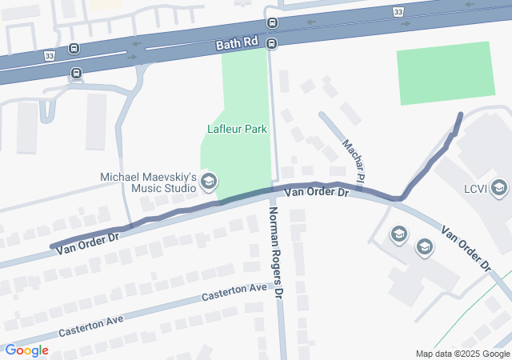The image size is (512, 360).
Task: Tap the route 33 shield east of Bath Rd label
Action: tap(398, 11)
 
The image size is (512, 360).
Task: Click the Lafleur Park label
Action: tap(237, 128)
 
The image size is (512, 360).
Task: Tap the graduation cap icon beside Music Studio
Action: tap(209, 182)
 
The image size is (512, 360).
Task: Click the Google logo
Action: tap(26, 350)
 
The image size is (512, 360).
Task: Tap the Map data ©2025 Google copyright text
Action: tap(462, 354)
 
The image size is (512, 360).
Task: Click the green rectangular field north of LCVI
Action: tap(446, 73)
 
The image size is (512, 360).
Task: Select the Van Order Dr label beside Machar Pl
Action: tap(318, 192)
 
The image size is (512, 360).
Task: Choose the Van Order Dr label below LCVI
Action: tap(466, 249)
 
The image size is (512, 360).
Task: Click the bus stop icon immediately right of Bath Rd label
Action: tap(271, 43)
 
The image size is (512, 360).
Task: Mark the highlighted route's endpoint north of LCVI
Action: tap(460, 115)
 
